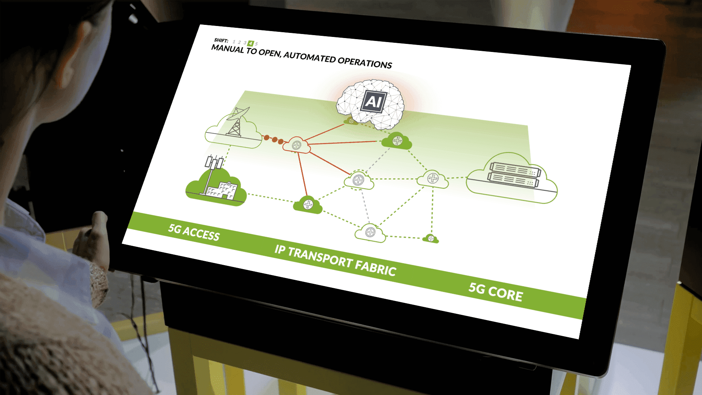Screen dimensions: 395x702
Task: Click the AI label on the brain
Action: pos(373,101)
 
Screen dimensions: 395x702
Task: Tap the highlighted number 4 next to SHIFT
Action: pos(250,43)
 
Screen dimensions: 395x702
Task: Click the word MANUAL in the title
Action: pos(227,48)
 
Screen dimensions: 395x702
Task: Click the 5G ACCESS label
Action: pos(194,232)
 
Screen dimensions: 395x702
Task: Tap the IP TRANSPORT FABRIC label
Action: pos(335,260)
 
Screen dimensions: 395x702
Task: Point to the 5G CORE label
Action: pos(496,292)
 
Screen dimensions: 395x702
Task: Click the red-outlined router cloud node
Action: pos(297,145)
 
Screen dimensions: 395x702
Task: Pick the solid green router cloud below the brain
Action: pos(397,140)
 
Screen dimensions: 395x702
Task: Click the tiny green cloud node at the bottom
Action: pos(431,239)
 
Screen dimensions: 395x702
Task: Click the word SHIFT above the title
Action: pos(221,40)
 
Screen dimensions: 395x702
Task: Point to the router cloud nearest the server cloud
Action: pos(433,178)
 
